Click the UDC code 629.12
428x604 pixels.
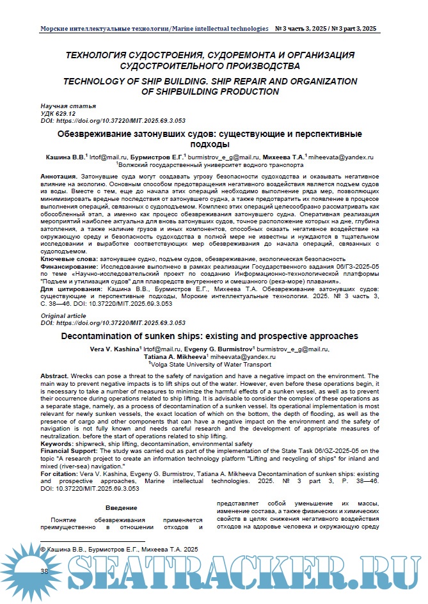(58, 113)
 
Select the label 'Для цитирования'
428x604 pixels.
(70, 289)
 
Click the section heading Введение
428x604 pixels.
(120, 509)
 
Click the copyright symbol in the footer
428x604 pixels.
(44, 549)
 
